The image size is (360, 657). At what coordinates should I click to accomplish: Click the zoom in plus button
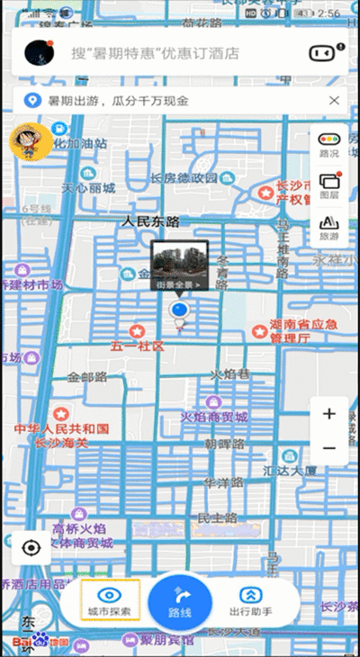pos(329,414)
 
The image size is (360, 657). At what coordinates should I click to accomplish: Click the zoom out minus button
pos(329,447)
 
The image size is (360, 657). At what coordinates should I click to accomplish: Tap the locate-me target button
pos(32,547)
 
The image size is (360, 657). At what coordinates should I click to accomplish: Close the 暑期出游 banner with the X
pos(334,101)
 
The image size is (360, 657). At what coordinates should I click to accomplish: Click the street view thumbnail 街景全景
pos(180,265)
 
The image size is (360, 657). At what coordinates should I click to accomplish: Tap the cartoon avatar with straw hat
pos(30,142)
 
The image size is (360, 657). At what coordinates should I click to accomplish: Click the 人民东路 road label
pos(150,221)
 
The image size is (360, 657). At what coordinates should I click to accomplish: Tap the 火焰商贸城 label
pos(213,417)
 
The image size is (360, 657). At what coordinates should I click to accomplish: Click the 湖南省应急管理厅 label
pos(303,331)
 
